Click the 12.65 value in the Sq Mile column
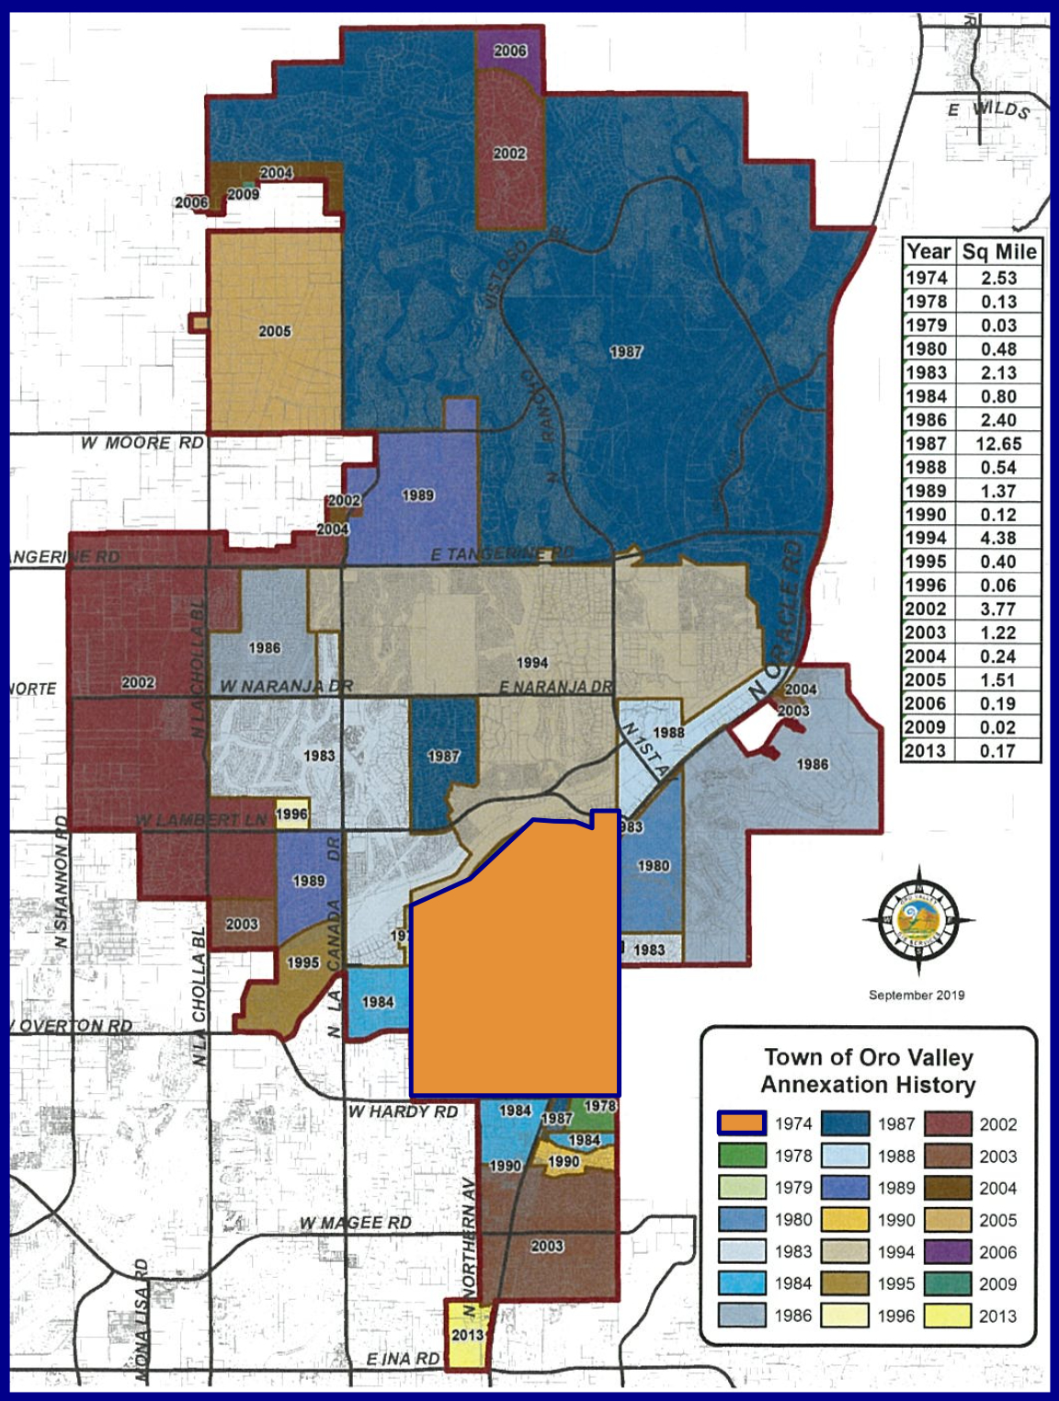[998, 444]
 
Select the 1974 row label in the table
[927, 279]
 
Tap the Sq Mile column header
[999, 252]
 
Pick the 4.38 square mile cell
[998, 539]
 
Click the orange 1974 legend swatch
[741, 1123]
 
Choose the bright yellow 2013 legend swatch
[947, 1316]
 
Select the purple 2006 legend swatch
[947, 1252]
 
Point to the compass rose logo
[918, 919]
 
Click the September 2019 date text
[917, 996]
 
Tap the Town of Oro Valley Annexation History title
[869, 1072]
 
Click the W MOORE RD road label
[142, 443]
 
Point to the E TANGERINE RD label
[503, 554]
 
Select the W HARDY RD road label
[403, 1111]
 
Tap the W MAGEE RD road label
[355, 1223]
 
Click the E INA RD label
[403, 1359]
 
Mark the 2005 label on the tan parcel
[275, 331]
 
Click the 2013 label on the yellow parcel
[467, 1335]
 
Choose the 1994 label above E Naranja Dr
[532, 662]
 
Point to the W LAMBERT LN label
[201, 819]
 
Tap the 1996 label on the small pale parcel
[291, 814]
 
